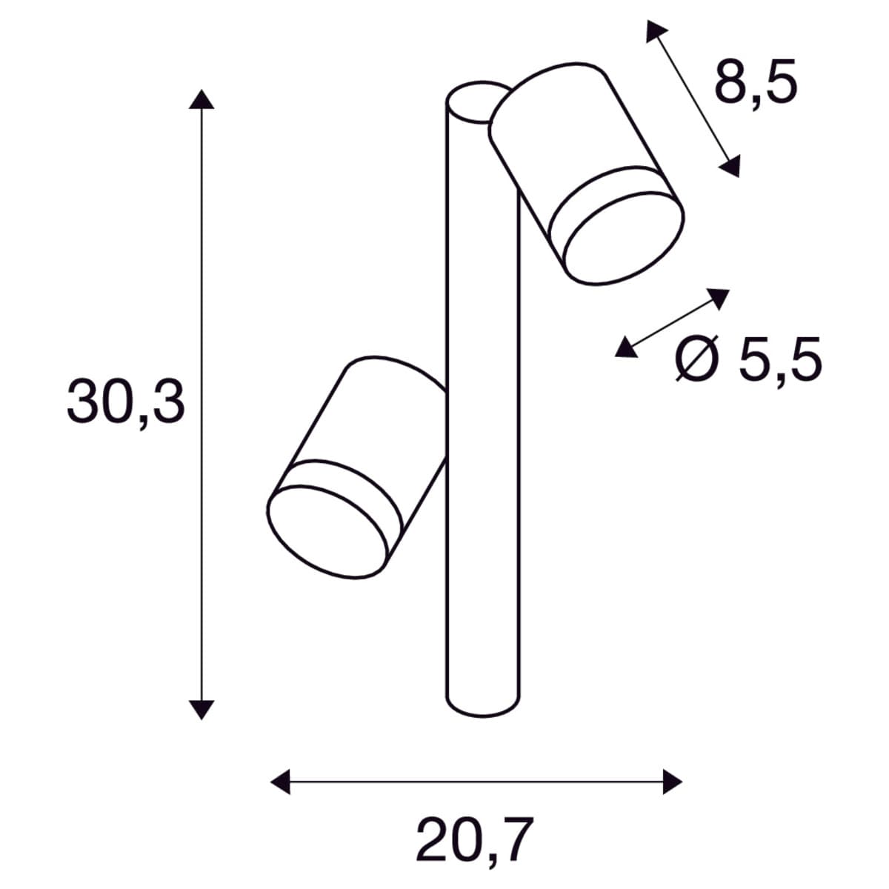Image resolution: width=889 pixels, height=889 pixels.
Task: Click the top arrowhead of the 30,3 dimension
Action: click(202, 100)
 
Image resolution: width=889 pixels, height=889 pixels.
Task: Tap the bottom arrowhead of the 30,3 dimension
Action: click(202, 722)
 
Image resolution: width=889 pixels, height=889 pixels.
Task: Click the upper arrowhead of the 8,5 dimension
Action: click(655, 30)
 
